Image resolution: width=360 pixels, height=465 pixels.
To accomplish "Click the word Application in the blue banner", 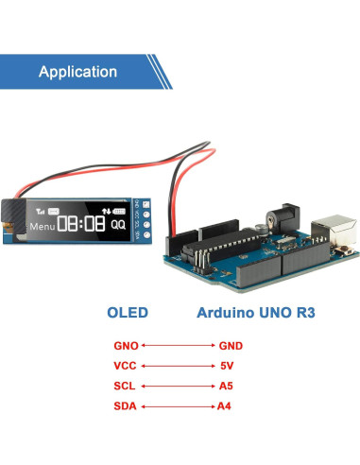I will click(77, 72).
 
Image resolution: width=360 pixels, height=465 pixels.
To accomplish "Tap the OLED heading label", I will click(129, 312).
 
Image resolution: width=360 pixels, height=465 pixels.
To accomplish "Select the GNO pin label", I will click(126, 346).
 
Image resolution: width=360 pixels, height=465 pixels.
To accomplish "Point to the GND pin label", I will click(231, 346).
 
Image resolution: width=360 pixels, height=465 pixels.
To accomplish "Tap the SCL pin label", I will click(125, 387).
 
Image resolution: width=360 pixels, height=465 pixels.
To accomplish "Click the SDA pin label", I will click(126, 406).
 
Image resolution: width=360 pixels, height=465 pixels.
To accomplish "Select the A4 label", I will click(224, 406).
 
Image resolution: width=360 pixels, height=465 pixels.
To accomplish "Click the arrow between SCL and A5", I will click(178, 387).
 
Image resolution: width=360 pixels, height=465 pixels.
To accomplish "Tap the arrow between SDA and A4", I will click(178, 406).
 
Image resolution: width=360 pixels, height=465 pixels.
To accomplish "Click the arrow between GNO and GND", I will click(178, 346).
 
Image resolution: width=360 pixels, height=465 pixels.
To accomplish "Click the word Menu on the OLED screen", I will click(41, 227).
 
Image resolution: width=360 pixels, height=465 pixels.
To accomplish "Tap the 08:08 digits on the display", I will click(81, 224).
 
